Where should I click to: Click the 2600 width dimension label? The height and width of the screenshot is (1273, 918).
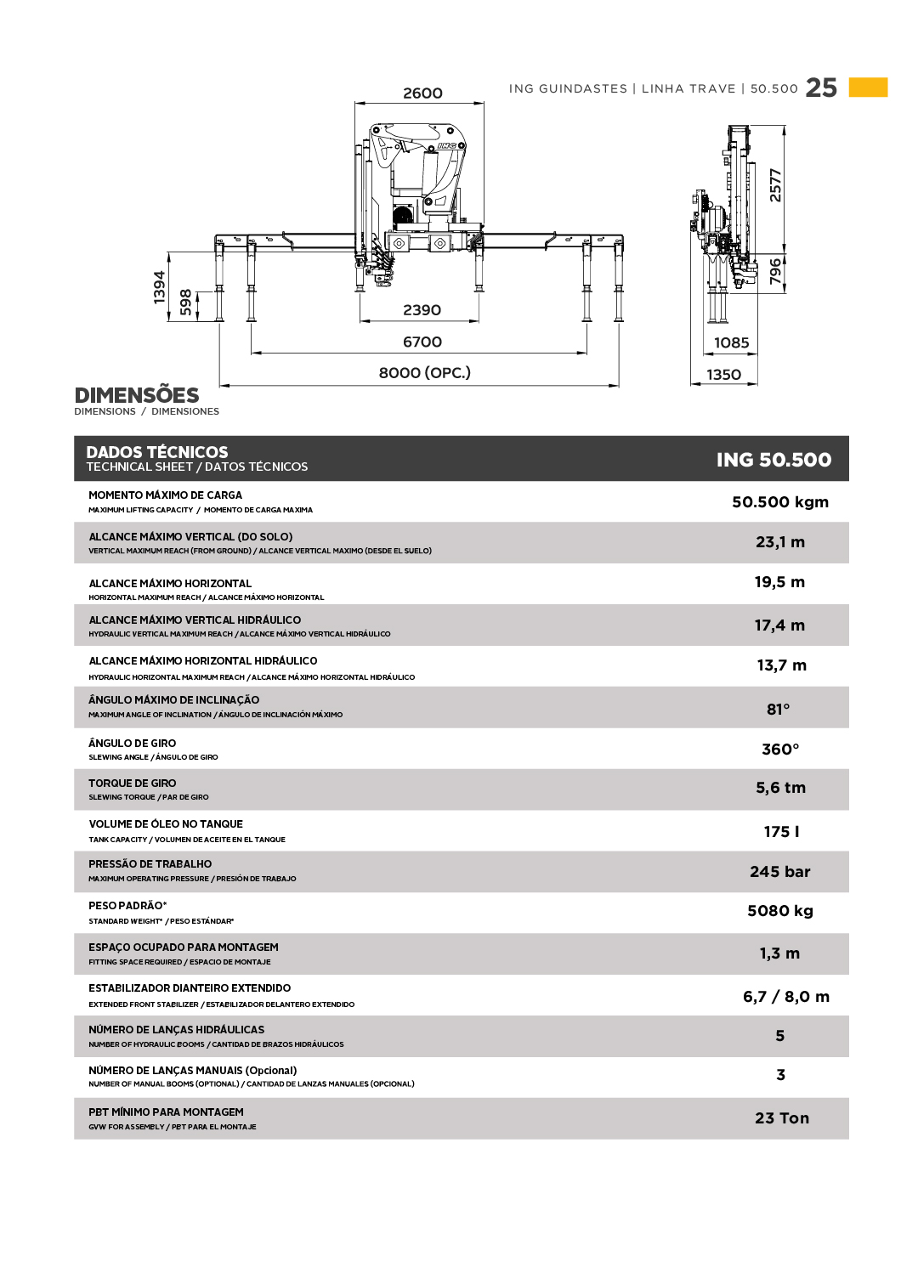(422, 93)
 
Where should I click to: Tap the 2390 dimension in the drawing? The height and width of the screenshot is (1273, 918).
(422, 310)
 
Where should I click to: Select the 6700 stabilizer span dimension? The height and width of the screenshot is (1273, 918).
(422, 342)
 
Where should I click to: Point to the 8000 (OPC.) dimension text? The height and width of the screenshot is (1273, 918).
(424, 372)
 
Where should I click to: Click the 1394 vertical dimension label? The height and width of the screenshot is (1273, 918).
(160, 286)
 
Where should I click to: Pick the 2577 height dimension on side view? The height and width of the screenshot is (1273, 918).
(775, 185)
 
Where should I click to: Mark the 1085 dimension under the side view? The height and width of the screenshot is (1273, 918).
(731, 342)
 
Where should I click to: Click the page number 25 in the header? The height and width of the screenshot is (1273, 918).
(821, 88)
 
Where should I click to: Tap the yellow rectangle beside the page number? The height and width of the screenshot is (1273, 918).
(868, 88)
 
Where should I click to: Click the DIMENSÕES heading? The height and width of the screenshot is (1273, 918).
(137, 395)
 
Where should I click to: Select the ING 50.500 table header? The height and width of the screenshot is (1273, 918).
(773, 460)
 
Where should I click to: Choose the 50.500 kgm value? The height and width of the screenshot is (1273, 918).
(780, 502)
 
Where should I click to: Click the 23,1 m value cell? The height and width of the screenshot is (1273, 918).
(780, 542)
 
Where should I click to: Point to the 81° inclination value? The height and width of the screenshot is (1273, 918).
(779, 709)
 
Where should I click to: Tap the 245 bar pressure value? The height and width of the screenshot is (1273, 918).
(780, 872)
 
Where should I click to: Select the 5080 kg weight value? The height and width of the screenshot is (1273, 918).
(780, 911)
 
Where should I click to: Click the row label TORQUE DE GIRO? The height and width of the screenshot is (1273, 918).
(133, 784)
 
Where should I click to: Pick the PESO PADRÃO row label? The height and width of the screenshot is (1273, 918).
(127, 906)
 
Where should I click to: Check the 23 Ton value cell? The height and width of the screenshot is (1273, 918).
(782, 1118)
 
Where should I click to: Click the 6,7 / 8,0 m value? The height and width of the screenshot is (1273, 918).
(786, 997)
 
